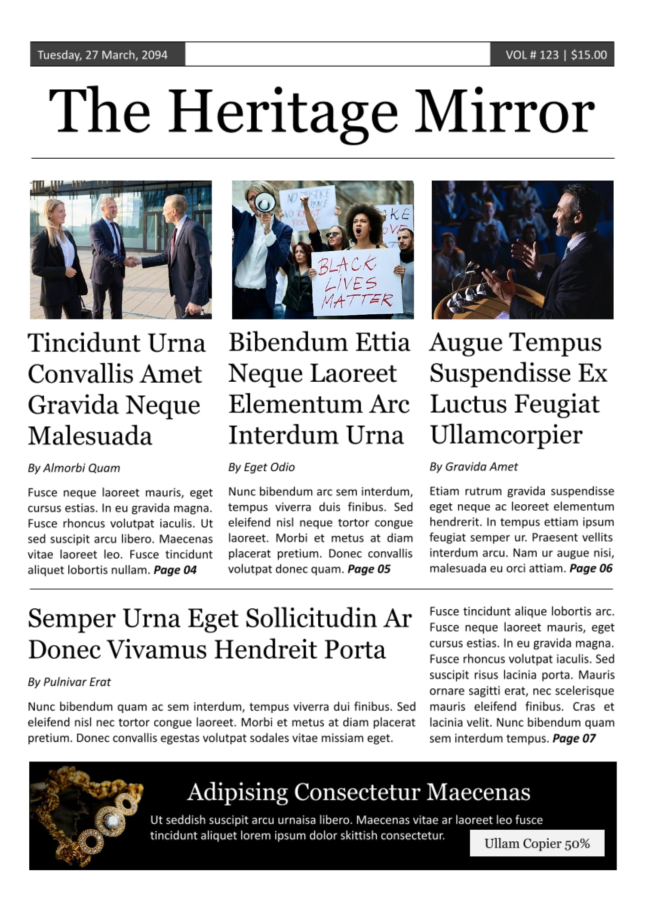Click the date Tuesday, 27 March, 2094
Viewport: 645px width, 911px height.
(102, 55)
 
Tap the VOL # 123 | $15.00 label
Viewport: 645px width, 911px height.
(556, 55)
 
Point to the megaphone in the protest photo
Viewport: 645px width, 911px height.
(265, 201)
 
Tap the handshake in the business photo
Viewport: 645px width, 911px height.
(132, 261)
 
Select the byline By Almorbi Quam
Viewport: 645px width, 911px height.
(74, 468)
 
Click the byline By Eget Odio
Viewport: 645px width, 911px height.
(261, 467)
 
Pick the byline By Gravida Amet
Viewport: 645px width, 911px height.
(473, 466)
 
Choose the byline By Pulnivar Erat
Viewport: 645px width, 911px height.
(69, 682)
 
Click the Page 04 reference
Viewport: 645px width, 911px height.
(175, 570)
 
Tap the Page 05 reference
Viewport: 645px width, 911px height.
(369, 569)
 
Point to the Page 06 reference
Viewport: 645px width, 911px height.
(591, 568)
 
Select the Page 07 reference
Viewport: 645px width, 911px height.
(574, 739)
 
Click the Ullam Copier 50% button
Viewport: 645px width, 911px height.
(537, 844)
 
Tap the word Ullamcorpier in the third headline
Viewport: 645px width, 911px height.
(506, 435)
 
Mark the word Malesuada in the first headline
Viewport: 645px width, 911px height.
(90, 436)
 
